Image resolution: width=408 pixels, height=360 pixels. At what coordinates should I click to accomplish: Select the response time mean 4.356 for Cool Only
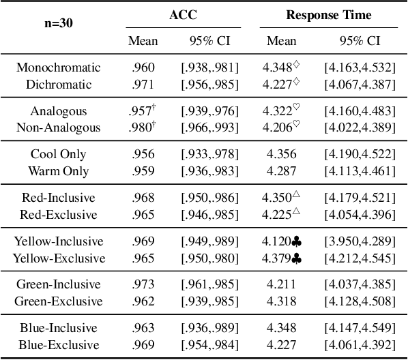(281, 154)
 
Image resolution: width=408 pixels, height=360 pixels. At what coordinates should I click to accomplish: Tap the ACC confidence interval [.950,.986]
(210, 198)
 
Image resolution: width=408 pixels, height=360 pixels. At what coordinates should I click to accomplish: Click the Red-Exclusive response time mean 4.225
(277, 215)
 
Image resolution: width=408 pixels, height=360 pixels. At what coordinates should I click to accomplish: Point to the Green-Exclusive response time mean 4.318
(281, 301)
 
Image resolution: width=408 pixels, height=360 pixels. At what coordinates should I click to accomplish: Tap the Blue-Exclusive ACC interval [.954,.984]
(210, 345)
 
